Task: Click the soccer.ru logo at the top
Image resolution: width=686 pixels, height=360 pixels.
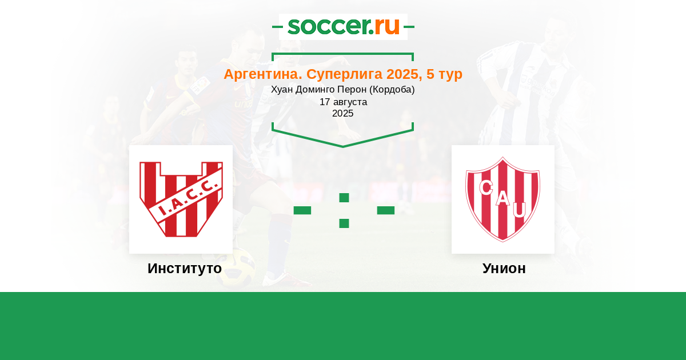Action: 344,27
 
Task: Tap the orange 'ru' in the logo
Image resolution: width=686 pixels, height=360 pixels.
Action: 387,27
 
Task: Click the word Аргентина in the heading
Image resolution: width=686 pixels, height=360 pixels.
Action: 263,74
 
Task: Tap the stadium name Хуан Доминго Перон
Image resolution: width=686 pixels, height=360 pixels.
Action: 319,89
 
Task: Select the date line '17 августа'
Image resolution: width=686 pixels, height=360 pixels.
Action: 343,102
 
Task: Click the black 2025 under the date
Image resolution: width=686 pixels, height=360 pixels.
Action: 342,113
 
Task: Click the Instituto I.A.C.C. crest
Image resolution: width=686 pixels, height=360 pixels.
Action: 181,199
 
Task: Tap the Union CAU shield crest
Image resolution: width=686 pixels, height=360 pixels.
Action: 503,199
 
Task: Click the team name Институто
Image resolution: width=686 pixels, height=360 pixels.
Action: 185,269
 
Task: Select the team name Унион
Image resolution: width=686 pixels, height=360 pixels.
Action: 504,269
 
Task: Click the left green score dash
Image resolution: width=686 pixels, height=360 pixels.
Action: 302,210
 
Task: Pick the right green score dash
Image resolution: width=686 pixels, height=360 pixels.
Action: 385,210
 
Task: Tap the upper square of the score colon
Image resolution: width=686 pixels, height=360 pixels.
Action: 344,198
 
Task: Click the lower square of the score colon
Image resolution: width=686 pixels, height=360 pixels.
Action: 344,223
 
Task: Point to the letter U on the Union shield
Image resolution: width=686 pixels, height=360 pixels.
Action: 520,210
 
